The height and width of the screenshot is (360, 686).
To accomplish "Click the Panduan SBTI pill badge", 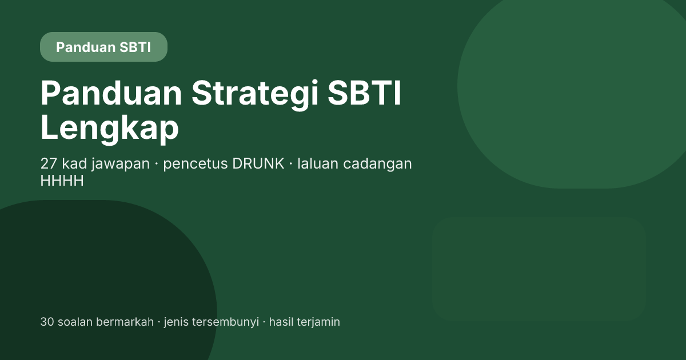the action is (103, 47).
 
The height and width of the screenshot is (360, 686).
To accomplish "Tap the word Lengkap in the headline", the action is (109, 127).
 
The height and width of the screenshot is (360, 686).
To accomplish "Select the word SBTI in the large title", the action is (364, 93).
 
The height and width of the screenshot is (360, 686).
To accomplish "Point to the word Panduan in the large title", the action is (111, 93).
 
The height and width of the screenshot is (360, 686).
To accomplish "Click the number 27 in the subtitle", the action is (49, 163).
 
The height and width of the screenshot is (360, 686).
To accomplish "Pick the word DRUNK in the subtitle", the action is (258, 163).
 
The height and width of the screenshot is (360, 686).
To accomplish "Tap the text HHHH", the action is (62, 181).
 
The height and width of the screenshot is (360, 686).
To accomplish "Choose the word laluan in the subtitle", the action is (318, 163).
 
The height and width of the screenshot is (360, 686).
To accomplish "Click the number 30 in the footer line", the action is (47, 322).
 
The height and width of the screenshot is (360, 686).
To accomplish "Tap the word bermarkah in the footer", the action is (125, 322).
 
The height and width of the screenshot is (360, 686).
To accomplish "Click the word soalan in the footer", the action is (75, 322).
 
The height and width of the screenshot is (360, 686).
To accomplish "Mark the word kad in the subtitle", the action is (74, 163).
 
